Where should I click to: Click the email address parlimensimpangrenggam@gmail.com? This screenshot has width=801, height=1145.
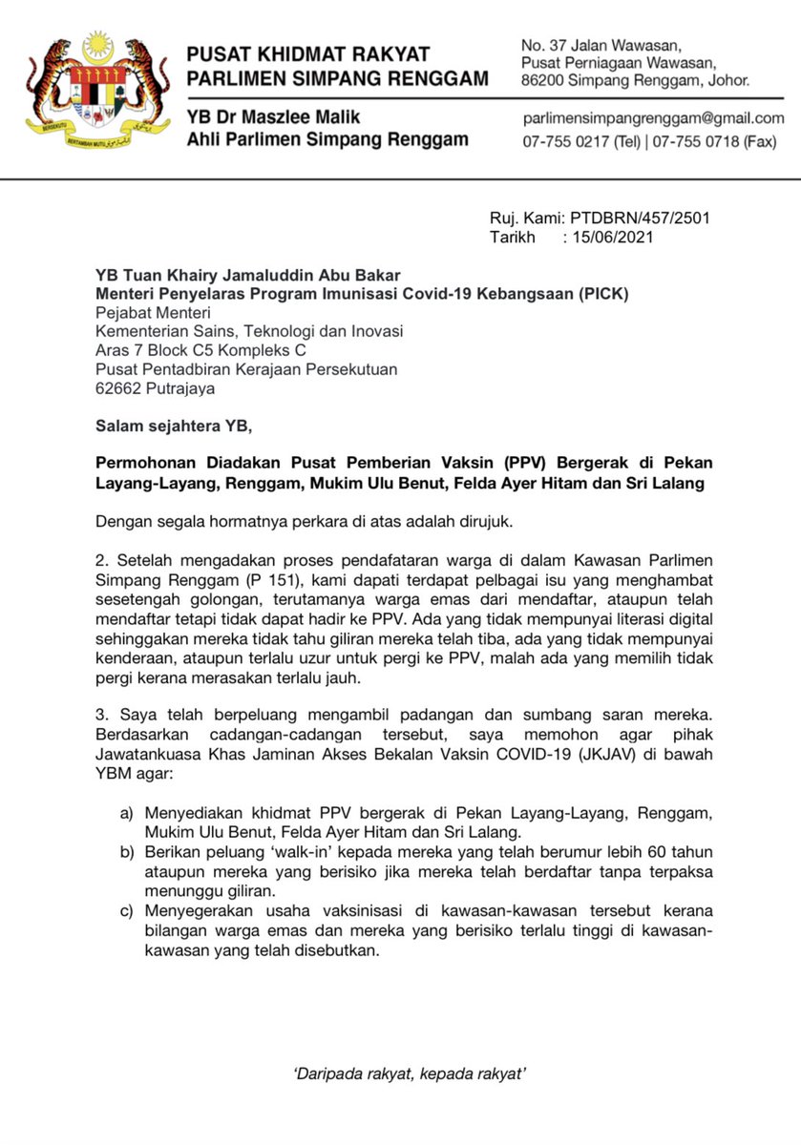coord(652,118)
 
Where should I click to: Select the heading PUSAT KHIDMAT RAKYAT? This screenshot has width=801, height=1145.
coord(307,54)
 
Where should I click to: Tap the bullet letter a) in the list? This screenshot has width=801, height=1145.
coord(126,812)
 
